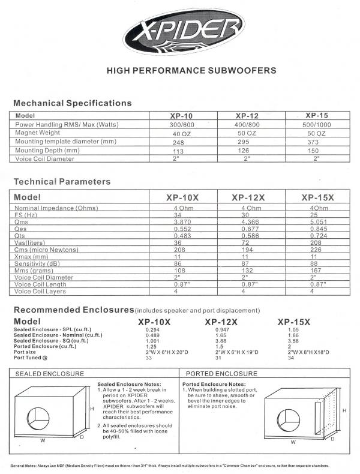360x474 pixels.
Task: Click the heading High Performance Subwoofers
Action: pyautogui.click(x=191, y=70)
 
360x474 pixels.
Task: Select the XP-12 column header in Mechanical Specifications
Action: pyautogui.click(x=246, y=115)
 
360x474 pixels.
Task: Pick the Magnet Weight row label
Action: pyautogui.click(x=41, y=133)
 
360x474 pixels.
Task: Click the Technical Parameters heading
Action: pyautogui.click(x=61, y=181)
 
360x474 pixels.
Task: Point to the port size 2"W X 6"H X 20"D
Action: pyautogui.click(x=166, y=352)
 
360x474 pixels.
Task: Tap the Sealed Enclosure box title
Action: pyautogui.click(x=41, y=373)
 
